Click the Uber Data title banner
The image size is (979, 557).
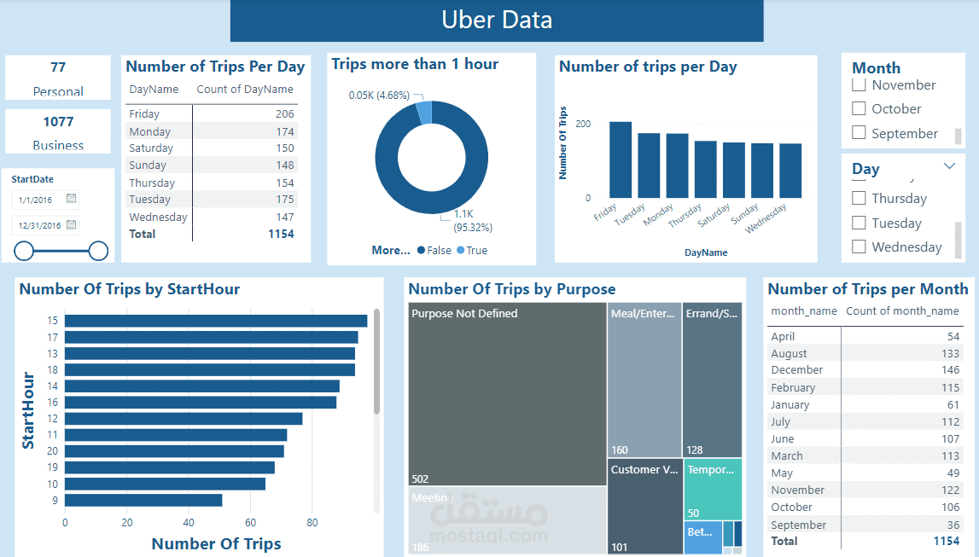[496, 20]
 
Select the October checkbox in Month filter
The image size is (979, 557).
[860, 109]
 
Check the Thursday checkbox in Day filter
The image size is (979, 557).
[860, 198]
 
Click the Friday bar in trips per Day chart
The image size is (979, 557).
[621, 160]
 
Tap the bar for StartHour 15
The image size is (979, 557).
[216, 321]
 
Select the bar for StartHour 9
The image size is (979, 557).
[143, 501]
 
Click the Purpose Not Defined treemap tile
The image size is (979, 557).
[507, 392]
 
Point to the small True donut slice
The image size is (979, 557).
[424, 113]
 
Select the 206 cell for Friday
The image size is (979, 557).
[284, 114]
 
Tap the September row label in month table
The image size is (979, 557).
[798, 525]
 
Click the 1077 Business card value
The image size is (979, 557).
[58, 122]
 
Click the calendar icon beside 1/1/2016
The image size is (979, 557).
[72, 199]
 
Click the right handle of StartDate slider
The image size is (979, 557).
[99, 251]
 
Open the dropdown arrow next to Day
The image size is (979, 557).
[950, 166]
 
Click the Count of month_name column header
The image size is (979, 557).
[902, 311]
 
